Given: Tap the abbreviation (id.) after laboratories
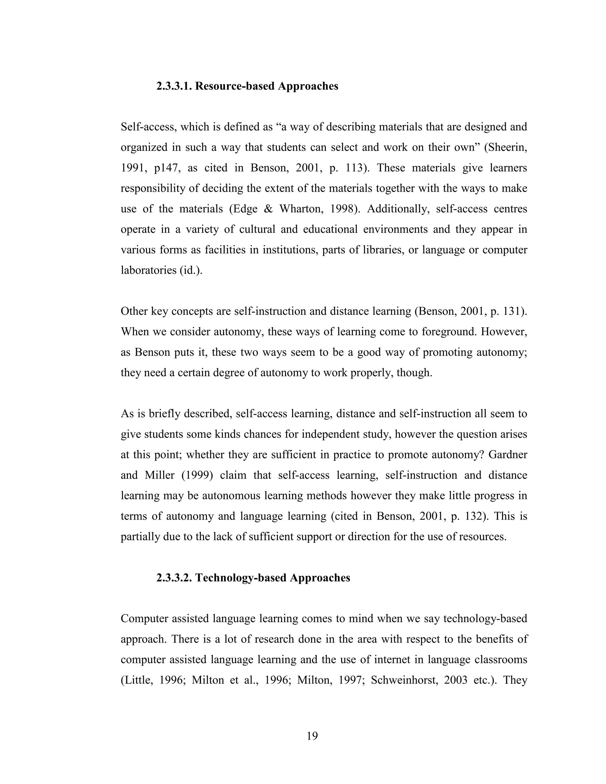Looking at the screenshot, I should (x=191, y=270).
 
